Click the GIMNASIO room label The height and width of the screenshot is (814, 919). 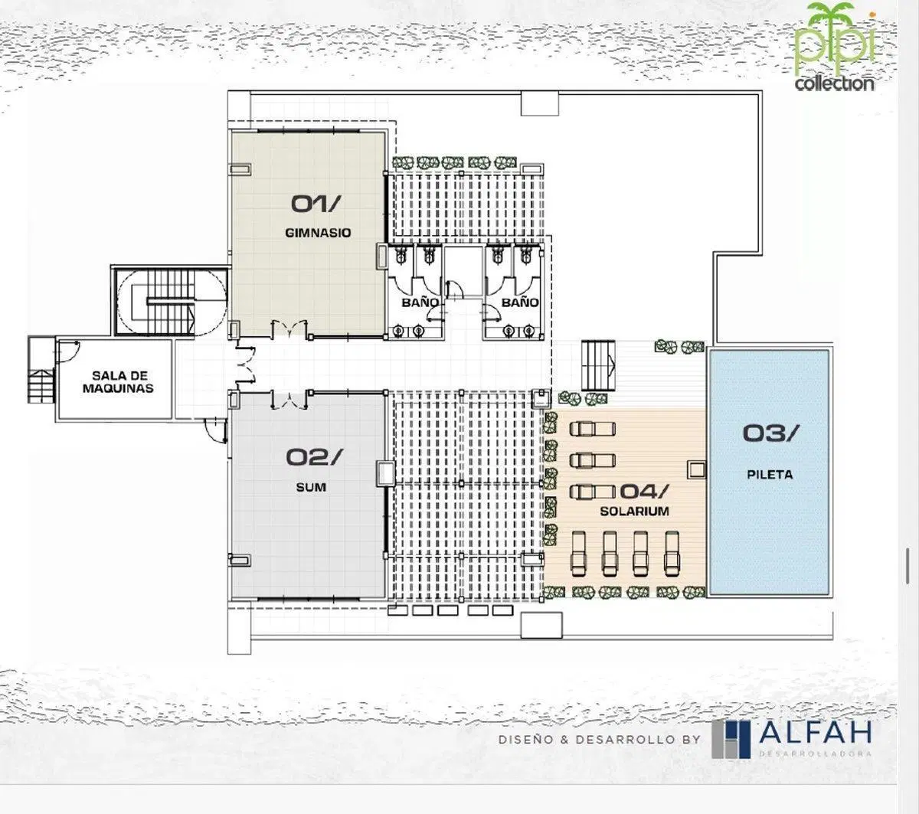[318, 233]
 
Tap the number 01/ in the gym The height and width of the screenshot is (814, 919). [314, 204]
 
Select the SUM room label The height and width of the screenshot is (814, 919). [311, 488]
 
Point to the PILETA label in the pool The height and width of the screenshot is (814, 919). [770, 475]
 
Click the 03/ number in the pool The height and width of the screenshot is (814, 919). [770, 433]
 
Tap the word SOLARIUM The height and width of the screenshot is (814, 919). [634, 511]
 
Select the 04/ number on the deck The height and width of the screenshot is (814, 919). [644, 491]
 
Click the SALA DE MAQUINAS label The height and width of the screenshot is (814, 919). [118, 382]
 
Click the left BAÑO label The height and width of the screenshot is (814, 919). [420, 302]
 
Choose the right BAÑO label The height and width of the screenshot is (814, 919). [520, 302]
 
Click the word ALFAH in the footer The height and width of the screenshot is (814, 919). [815, 731]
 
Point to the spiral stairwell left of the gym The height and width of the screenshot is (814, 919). [171, 302]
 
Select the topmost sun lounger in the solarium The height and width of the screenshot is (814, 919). [593, 429]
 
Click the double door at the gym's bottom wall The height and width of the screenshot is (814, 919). [289, 328]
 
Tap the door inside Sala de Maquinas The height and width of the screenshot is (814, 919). [67, 351]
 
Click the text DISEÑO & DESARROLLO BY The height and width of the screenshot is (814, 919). [600, 740]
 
